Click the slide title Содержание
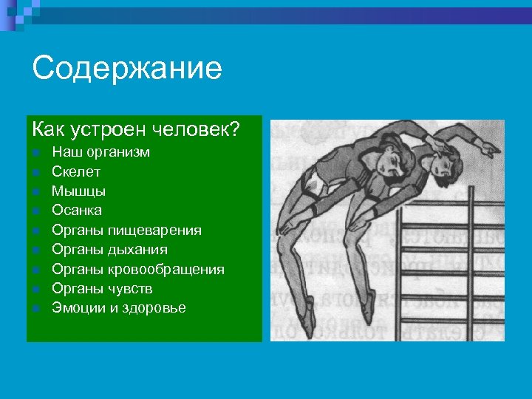(x=127, y=69)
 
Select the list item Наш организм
(x=100, y=152)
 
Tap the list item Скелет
(x=76, y=171)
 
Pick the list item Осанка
(x=77, y=211)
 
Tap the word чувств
(x=132, y=288)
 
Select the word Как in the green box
(x=47, y=129)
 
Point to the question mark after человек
(x=236, y=129)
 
